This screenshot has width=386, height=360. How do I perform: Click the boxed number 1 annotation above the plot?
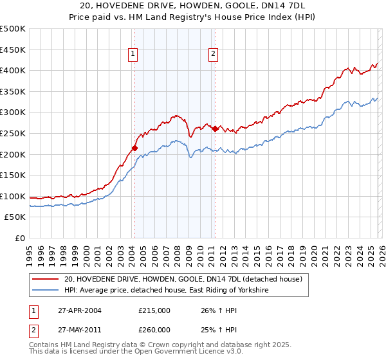133,55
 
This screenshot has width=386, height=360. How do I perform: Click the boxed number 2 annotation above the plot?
213,55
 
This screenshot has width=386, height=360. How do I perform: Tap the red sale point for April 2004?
134,148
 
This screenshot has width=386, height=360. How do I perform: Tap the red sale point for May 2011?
215,129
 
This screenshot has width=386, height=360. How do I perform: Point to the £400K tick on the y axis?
13,71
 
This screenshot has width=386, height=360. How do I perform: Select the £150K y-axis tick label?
13,175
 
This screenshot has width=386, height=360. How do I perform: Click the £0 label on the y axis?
20,238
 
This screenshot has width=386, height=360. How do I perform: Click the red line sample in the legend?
46,279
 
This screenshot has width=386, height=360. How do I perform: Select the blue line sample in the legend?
46,291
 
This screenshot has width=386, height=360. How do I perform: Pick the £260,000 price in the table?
155,329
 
